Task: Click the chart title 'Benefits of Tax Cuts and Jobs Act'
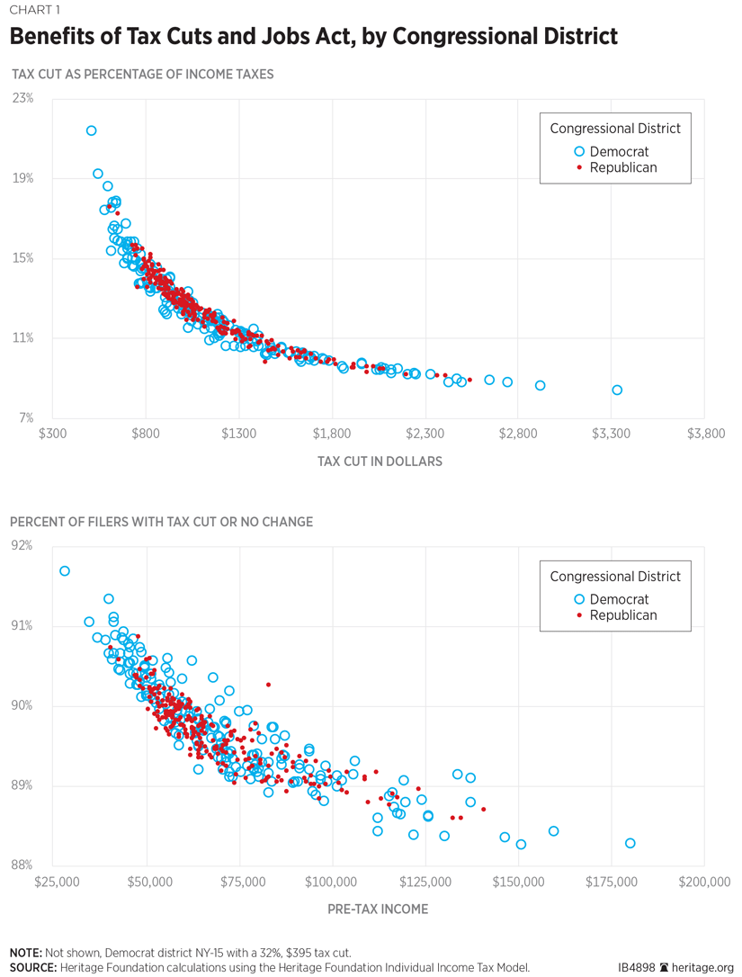tap(314, 37)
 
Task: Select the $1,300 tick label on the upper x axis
tap(238, 434)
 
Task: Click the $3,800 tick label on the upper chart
tap(704, 434)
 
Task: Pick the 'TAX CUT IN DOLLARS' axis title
tap(380, 462)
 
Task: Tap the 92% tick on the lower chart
tap(23, 545)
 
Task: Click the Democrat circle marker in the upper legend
tap(580, 152)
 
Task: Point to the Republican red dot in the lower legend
tap(580, 615)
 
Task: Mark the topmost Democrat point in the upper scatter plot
tap(91, 130)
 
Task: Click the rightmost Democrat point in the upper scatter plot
tap(617, 390)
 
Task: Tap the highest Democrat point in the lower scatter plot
tap(64, 571)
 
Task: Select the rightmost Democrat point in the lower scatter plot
tap(630, 843)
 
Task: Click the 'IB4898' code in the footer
tap(637, 968)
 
